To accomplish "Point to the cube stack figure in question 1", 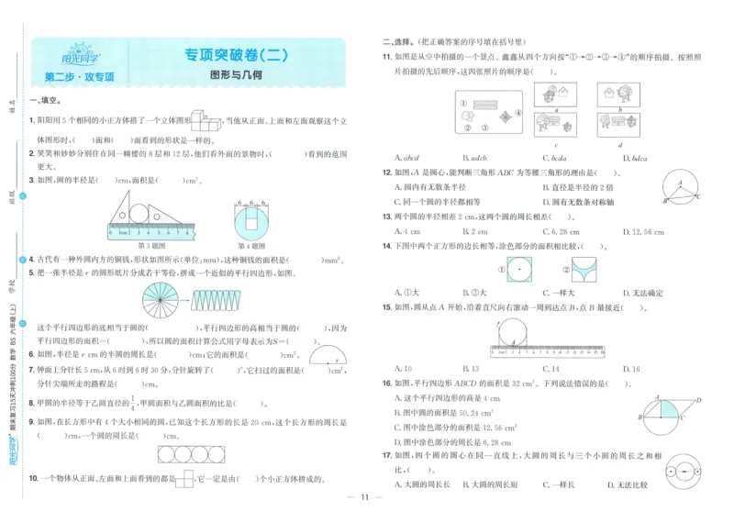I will pos(201,119).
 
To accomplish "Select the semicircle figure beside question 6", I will pos(327,356).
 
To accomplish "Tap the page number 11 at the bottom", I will pos(363,497).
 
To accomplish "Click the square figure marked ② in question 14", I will pos(584,270).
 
